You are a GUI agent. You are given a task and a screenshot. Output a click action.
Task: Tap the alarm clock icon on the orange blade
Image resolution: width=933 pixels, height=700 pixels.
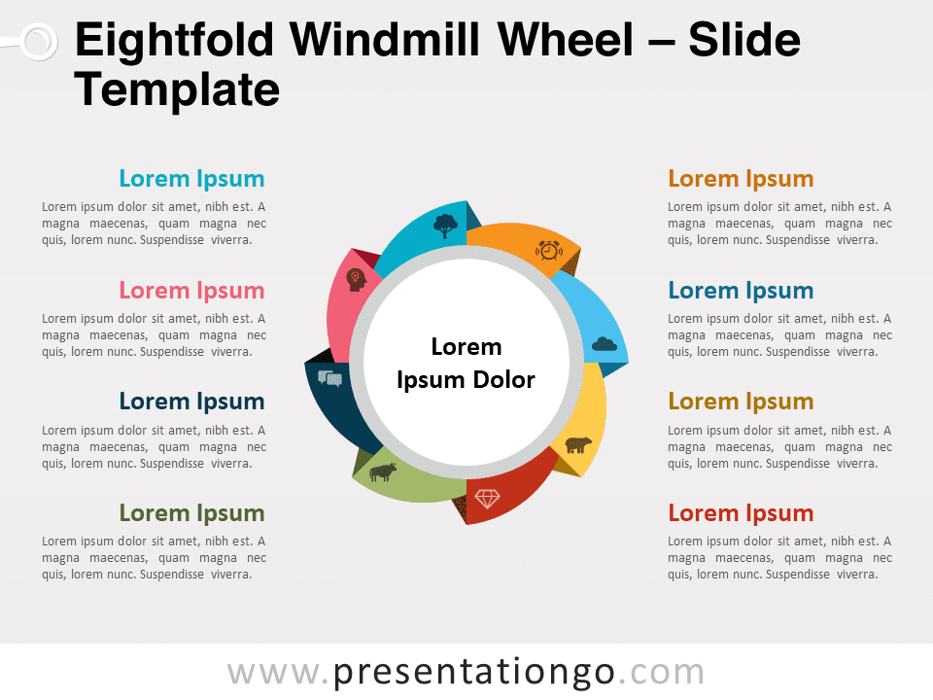[548, 250]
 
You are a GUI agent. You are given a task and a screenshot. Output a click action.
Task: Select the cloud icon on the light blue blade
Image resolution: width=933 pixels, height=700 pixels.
[604, 344]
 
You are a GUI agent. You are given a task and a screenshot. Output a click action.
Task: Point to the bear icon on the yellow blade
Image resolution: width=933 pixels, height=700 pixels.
[577, 444]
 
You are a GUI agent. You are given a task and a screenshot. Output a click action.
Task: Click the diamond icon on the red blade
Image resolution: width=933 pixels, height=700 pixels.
[487, 498]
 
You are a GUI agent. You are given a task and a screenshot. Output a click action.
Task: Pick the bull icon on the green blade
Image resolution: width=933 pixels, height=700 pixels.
[383, 472]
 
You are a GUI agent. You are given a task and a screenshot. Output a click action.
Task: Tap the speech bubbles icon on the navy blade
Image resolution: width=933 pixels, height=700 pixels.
[329, 378]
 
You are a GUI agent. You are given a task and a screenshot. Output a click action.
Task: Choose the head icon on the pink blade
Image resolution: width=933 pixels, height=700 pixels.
[356, 280]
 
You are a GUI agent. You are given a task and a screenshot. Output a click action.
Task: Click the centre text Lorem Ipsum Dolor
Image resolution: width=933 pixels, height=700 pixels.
[466, 363]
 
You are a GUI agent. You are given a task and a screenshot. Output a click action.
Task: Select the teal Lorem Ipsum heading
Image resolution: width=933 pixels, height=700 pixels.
[191, 179]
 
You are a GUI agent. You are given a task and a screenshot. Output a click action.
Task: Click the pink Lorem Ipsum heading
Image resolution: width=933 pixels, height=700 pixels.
[191, 291]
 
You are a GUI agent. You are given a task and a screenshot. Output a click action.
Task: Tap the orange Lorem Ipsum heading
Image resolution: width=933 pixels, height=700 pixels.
[741, 179]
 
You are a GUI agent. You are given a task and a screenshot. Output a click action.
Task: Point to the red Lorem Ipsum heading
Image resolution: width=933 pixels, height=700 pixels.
[741, 513]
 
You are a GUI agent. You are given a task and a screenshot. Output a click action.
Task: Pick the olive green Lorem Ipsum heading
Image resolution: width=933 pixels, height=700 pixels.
[191, 513]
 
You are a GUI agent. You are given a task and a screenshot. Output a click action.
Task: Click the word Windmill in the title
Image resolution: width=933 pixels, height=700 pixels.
[385, 40]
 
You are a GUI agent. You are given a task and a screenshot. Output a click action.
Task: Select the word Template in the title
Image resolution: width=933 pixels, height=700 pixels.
[177, 90]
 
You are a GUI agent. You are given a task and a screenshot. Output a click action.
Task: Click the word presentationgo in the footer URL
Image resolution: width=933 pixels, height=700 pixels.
[473, 673]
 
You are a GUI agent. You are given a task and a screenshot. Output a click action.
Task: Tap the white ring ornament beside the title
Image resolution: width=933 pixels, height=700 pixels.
[39, 42]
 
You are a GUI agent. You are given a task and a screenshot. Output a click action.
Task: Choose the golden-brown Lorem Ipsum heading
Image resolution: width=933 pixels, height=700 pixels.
[741, 402]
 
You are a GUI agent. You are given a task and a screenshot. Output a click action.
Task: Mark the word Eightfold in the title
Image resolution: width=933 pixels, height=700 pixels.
[175, 40]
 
